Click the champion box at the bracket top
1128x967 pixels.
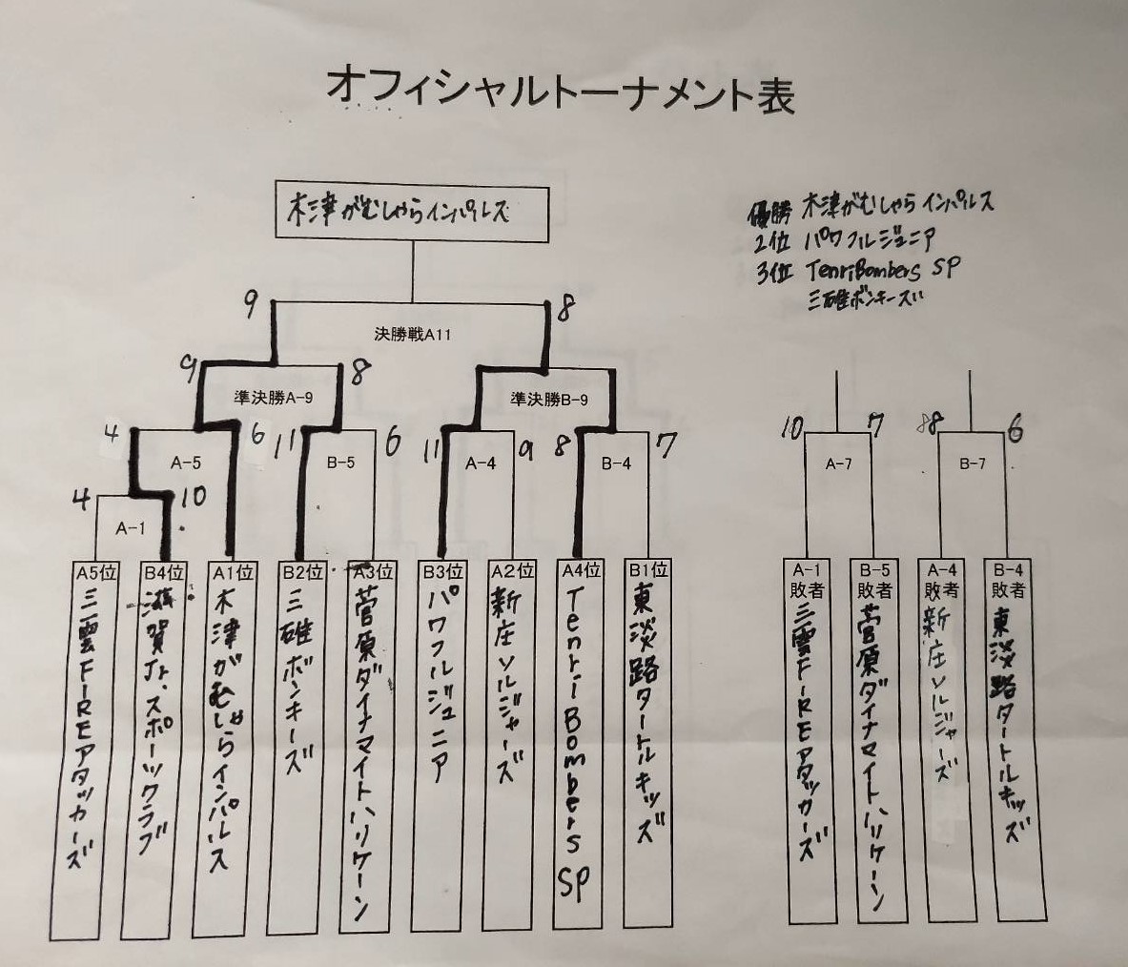click(413, 212)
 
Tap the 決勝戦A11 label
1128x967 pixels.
click(412, 335)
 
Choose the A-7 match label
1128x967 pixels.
click(838, 464)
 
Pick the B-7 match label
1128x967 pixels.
click(972, 464)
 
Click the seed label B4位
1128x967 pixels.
click(163, 573)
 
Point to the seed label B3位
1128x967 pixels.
click(442, 572)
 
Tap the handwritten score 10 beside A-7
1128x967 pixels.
click(790, 428)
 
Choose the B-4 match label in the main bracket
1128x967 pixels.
click(615, 464)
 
